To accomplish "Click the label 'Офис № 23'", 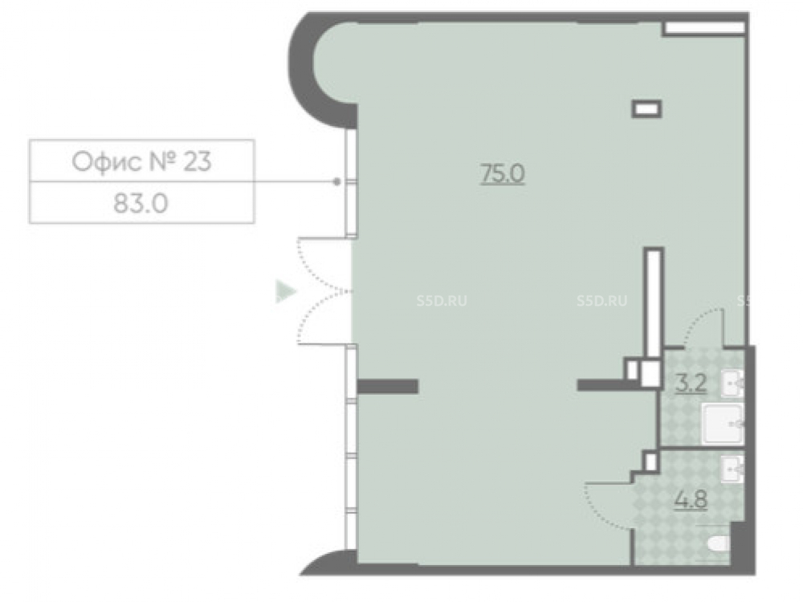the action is [141, 161].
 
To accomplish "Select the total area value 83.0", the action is [141, 204].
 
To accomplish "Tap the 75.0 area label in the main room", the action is [503, 174].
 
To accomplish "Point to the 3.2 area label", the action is [691, 383].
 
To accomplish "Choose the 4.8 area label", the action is [691, 499].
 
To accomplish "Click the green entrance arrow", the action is [286, 291].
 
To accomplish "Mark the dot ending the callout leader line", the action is [336, 181].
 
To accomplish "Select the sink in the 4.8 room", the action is [732, 470].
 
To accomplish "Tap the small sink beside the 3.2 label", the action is [732, 382].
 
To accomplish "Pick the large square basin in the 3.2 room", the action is [723, 424].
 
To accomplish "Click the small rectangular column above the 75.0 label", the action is [646, 108].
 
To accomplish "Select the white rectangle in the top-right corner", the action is [704, 27].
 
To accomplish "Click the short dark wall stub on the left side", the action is [387, 386].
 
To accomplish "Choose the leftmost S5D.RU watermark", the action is [442, 301].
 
